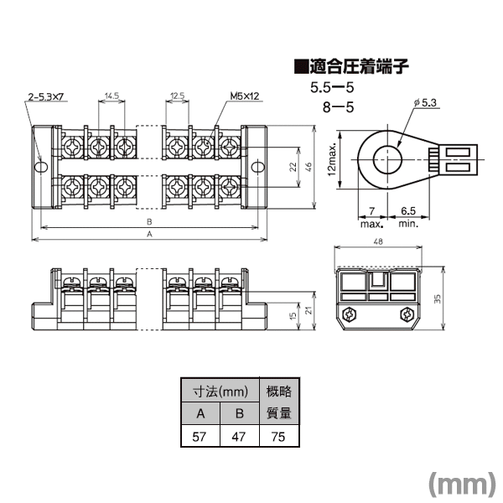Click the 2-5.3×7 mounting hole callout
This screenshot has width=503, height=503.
click(46, 96)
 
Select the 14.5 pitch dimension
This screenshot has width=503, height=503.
click(111, 96)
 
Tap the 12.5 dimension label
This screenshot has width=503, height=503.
click(178, 96)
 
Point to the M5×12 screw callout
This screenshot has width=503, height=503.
click(245, 96)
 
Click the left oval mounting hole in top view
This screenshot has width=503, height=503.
click(41, 167)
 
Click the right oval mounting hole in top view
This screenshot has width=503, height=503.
click(257, 167)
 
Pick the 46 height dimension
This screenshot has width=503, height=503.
click(308, 167)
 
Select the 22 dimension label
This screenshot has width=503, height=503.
click(293, 167)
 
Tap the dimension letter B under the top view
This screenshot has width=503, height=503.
click(149, 221)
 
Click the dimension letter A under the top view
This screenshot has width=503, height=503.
click(149, 234)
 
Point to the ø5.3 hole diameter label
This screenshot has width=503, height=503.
click(425, 102)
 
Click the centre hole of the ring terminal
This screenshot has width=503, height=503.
click(388, 159)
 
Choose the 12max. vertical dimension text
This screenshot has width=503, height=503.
click(332, 159)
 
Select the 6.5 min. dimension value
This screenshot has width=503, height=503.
click(408, 210)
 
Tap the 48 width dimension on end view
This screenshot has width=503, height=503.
click(378, 241)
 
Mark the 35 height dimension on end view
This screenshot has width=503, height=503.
click(438, 298)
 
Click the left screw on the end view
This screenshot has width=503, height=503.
click(349, 314)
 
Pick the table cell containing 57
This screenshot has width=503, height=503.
click(200, 436)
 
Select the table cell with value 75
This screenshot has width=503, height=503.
click(279, 436)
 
